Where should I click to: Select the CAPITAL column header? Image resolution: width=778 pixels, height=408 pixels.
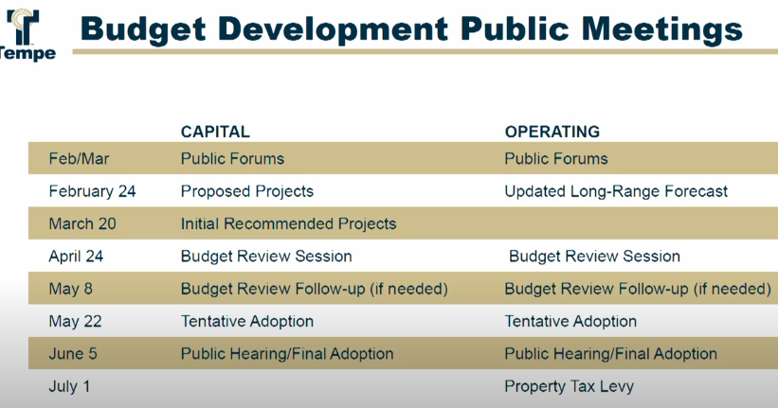[215, 132]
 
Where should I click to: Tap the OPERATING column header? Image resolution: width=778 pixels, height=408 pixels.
[552, 132]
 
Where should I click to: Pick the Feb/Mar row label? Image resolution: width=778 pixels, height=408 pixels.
[76, 159]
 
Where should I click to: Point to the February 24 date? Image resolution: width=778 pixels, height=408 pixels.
[92, 191]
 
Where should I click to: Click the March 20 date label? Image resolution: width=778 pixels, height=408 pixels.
[83, 223]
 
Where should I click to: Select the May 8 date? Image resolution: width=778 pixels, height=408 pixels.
[70, 289]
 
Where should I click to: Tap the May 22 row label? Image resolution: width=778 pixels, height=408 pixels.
[75, 321]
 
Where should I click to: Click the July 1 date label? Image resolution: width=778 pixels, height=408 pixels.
[72, 386]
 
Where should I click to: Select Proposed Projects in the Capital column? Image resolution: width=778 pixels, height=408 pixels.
[246, 191]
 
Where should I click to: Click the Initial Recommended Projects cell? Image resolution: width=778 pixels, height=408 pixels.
[288, 223]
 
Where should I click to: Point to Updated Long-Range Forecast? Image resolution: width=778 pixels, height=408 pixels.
[616, 191]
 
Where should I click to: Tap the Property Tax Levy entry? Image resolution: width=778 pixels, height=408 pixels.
[569, 386]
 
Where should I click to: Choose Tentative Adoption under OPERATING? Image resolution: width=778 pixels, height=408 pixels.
[570, 321]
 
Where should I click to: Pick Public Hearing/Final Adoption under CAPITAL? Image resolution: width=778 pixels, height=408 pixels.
[287, 354]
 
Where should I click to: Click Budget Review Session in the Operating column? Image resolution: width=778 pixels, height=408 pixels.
[594, 256]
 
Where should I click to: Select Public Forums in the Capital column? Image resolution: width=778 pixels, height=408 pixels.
[232, 159]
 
